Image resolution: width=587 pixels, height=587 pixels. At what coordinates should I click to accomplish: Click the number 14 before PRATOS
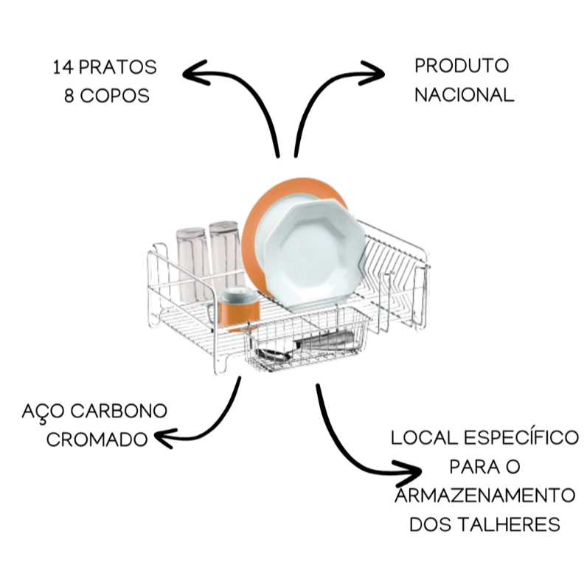click(x=64, y=68)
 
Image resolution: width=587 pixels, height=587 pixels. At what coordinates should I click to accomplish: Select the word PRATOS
click(x=118, y=68)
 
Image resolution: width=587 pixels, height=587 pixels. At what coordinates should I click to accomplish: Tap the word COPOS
click(x=115, y=95)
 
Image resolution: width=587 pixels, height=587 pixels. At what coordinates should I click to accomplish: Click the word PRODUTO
click(x=462, y=66)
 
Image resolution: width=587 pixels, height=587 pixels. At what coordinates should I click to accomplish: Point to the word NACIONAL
click(x=464, y=94)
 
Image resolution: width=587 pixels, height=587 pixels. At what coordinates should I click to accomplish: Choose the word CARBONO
click(x=119, y=411)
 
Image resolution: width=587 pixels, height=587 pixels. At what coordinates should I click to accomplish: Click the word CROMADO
click(x=97, y=439)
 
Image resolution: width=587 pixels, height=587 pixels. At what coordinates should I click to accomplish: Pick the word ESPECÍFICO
click(x=521, y=437)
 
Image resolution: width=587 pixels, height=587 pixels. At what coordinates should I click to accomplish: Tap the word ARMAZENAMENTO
click(x=485, y=496)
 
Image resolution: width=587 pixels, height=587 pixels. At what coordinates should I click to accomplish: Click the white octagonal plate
click(x=314, y=254)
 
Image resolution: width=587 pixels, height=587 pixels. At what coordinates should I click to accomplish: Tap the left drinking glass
click(x=192, y=264)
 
